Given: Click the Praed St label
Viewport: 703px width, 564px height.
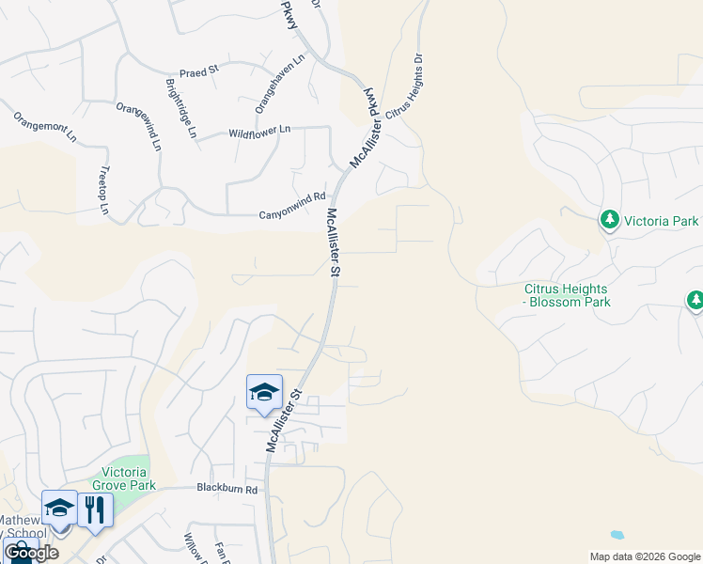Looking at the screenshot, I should [198, 70].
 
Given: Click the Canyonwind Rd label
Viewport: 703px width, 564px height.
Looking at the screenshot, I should [291, 215].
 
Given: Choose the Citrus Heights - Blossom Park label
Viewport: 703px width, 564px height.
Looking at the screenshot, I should [568, 296].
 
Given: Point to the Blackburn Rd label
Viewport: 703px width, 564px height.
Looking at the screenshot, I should [227, 489].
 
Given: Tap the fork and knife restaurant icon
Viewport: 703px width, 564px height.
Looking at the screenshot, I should [95, 509].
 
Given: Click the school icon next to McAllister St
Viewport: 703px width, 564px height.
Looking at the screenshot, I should [264, 392].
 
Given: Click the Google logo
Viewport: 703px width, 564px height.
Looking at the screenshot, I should [31, 553].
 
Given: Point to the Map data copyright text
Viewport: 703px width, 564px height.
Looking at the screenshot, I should [645, 556].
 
